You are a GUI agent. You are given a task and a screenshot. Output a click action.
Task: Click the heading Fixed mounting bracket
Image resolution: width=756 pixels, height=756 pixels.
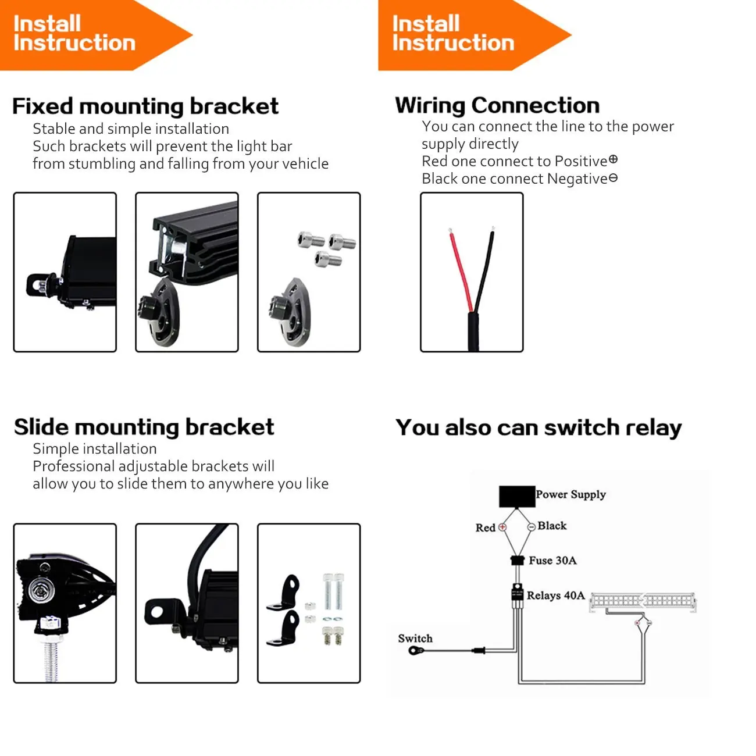(x=145, y=106)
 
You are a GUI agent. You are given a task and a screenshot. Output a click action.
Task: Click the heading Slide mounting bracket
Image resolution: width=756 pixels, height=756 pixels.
(x=144, y=427)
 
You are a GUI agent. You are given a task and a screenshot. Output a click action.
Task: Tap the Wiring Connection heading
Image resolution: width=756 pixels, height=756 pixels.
(x=497, y=105)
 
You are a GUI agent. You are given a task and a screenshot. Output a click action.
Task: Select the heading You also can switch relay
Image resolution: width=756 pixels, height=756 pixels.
(x=539, y=427)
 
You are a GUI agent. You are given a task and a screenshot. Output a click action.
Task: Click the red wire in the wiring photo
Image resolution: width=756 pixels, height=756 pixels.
(x=461, y=270)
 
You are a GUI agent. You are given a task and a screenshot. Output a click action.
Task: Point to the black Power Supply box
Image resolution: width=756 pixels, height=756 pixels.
(x=516, y=497)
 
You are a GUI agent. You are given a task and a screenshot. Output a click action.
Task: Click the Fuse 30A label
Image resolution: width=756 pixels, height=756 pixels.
(x=552, y=560)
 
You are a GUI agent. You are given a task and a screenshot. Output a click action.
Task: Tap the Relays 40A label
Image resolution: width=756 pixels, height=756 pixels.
(x=555, y=595)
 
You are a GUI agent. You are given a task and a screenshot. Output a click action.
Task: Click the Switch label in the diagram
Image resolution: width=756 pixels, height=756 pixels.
(x=415, y=639)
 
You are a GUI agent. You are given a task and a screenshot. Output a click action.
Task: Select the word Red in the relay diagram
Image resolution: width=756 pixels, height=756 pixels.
(x=486, y=527)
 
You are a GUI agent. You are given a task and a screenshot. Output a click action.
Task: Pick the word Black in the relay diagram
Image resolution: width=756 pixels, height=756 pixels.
(x=552, y=526)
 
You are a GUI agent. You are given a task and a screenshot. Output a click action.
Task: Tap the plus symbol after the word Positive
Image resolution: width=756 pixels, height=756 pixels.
(x=613, y=160)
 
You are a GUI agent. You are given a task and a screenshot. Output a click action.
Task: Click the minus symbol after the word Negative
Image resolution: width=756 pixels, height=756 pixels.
(x=613, y=178)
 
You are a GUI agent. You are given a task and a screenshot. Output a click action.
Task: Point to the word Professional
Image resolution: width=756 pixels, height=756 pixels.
(x=73, y=466)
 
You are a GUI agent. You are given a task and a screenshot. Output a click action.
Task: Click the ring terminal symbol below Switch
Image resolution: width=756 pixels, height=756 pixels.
(x=416, y=651)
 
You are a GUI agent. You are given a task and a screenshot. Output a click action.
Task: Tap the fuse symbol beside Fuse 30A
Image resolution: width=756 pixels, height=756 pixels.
(x=518, y=560)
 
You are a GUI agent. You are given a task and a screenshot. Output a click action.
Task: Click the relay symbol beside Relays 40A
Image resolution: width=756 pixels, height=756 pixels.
(x=517, y=593)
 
